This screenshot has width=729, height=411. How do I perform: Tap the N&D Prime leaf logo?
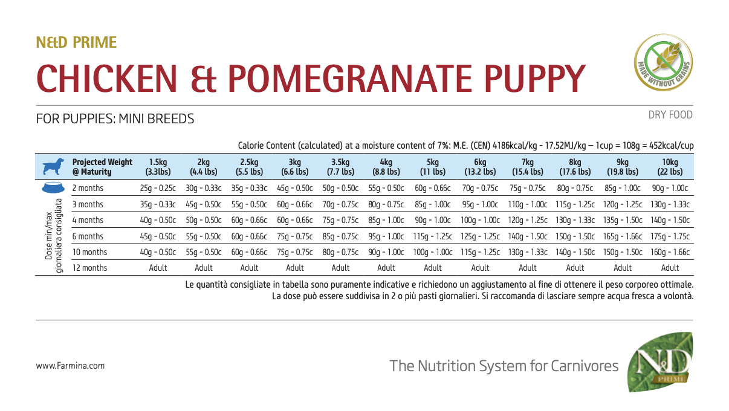660,361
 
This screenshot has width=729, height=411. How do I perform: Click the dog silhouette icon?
53,167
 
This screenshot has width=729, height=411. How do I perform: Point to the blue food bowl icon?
53,188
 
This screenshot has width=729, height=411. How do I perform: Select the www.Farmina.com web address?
70,366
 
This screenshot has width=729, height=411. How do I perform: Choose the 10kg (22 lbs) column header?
670,167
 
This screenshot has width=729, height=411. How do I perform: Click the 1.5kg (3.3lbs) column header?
158,167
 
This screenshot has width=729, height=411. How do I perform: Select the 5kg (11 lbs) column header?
433,167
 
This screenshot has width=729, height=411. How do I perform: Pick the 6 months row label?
88,236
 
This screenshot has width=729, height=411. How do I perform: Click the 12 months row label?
89,268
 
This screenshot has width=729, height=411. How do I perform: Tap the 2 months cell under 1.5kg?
158,189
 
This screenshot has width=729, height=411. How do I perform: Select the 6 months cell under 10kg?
670,236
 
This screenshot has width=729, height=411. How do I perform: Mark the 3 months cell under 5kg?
433,204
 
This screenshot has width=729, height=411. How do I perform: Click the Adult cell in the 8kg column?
575,268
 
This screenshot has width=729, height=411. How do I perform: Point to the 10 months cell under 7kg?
527,252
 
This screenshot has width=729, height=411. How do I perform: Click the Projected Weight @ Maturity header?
102,167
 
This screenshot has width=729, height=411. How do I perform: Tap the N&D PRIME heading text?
76,42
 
